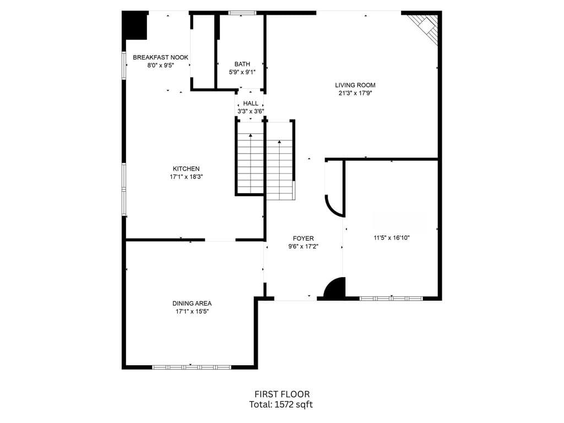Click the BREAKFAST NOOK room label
tap(160, 57)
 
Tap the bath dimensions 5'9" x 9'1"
tap(242, 72)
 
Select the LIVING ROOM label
tap(355, 85)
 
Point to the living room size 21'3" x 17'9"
tap(355, 93)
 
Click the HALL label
tap(251, 103)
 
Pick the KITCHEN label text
tap(186, 169)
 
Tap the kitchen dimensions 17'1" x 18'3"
tap(186, 177)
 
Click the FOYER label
tap(303, 238)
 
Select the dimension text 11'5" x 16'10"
tap(392, 238)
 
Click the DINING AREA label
tap(192, 303)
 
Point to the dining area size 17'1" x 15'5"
tap(192, 311)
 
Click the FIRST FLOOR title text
tap(281, 394)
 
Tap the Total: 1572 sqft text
tap(281, 405)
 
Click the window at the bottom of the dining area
tap(191, 366)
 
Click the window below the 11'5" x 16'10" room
tap(391, 298)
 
